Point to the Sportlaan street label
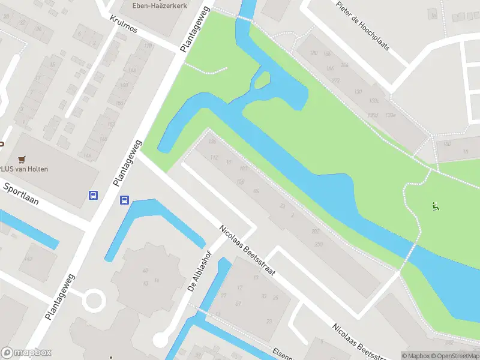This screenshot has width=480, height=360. coord(21,194)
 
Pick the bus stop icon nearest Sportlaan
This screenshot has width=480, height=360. coord(94,195)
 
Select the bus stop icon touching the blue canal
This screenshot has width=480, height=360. coord(124,200)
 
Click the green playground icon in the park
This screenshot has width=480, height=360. coord(435,207)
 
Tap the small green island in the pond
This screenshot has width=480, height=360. coord(262,80)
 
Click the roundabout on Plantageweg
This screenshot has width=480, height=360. coord(94,299)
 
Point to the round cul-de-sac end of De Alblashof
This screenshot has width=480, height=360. coord(161,340)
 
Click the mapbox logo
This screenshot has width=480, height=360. coord(26,353)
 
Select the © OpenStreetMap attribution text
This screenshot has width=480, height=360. coord(454,356)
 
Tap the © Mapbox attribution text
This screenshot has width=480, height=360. coord(416,356)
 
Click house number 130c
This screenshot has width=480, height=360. coord(374,101)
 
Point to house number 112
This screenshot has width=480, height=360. coord(214,157)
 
